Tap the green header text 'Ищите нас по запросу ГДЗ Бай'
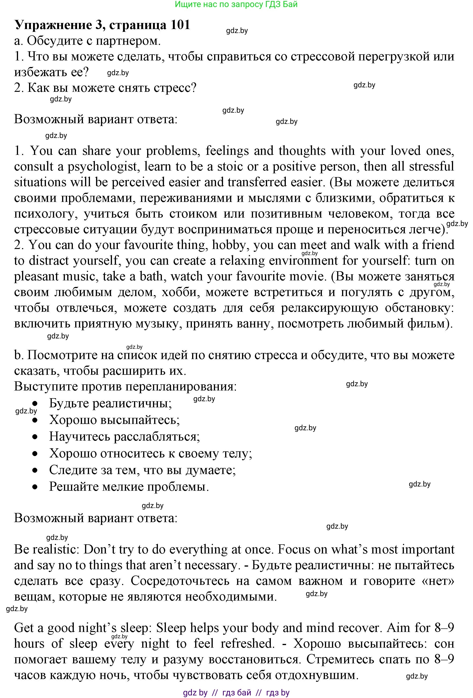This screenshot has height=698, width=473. point(236,4)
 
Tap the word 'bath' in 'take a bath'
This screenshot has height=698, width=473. point(151,276)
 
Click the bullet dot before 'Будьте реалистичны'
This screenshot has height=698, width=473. point(35,403)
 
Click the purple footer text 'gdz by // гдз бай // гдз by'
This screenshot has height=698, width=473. point(236,693)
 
